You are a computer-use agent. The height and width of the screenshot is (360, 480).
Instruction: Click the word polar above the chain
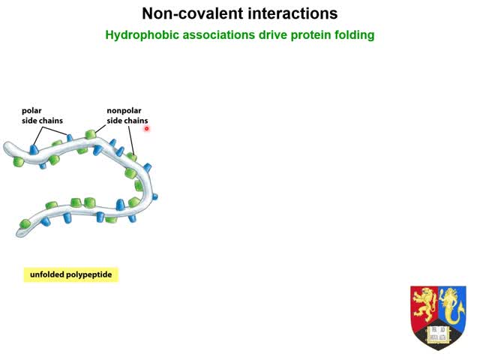click(31, 111)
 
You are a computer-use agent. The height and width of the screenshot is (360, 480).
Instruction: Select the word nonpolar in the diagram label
click(124, 111)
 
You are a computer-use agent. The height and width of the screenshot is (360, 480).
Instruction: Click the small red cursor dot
click(147, 128)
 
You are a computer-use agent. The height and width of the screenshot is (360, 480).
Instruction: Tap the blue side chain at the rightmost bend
click(154, 196)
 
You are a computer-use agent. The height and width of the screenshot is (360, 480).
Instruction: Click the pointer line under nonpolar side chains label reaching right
click(131, 139)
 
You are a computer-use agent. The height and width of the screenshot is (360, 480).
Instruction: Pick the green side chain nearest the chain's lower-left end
click(25, 223)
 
